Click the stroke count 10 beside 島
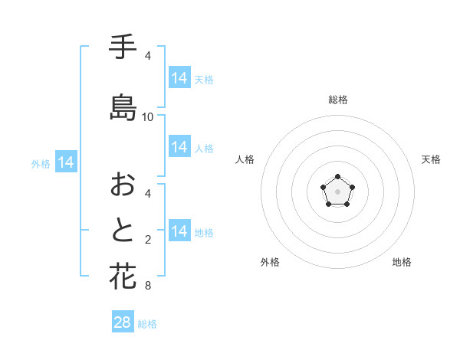pyautogui.click(x=148, y=116)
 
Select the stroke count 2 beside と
pyautogui.click(x=148, y=240)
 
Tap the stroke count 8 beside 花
pyautogui.click(x=148, y=286)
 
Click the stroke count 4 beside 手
pyautogui.click(x=148, y=56)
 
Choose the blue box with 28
pyautogui.click(x=123, y=322)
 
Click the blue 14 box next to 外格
pyautogui.click(x=65, y=162)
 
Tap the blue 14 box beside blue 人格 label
pyautogui.click(x=179, y=147)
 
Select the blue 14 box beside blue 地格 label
pyautogui.click(x=179, y=231)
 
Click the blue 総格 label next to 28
pyautogui.click(x=147, y=324)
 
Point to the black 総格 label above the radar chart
pyautogui.click(x=337, y=100)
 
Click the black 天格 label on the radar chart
pyautogui.click(x=431, y=159)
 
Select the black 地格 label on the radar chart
pyautogui.click(x=402, y=262)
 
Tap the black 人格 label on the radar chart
pyautogui.click(x=245, y=159)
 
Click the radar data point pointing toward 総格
pyautogui.click(x=337, y=177)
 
